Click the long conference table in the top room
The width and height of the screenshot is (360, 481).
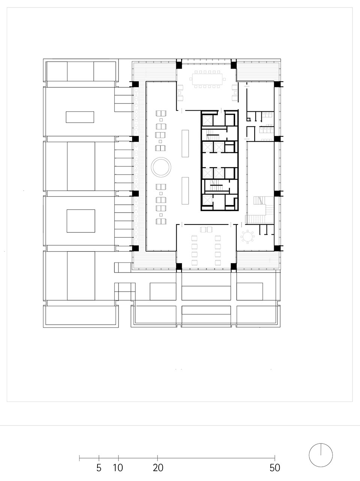[x=207, y=79]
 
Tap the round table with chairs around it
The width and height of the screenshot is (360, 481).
[x=247, y=237]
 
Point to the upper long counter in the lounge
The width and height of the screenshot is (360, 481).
[x=185, y=143]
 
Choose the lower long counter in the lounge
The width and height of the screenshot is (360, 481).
[x=185, y=191]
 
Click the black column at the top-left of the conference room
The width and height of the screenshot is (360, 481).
[x=179, y=65]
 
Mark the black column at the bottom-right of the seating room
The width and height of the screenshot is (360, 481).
[x=234, y=267]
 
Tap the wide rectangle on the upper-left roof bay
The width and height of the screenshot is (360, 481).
[x=80, y=117]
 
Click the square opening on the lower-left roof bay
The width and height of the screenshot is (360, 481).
[x=81, y=221]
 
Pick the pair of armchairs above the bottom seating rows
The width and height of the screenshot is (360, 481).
[x=206, y=229]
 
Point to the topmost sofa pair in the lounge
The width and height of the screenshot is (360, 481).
[x=161, y=114]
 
